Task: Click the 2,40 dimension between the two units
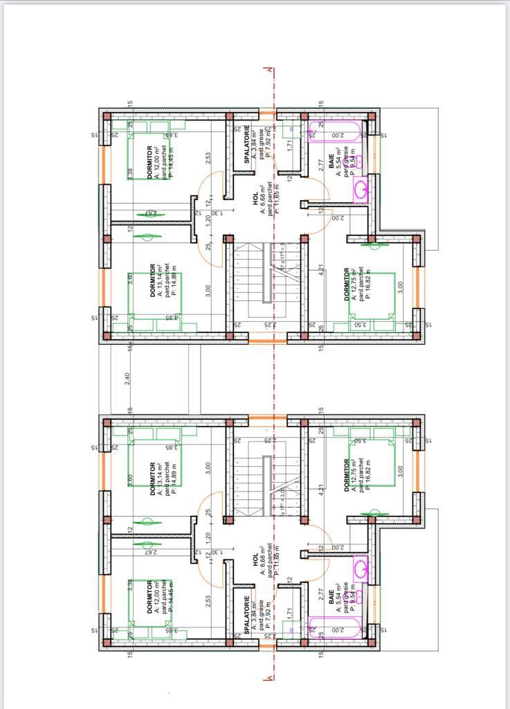[x=127, y=379]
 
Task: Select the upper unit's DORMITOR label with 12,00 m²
[x=150, y=162]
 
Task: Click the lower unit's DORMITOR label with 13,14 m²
[x=152, y=478]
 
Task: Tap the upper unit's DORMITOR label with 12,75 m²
[x=347, y=284]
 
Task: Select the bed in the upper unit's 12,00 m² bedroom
[x=148, y=159]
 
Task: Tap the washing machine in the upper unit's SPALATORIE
[x=291, y=129]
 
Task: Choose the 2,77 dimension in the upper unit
[x=321, y=165]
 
